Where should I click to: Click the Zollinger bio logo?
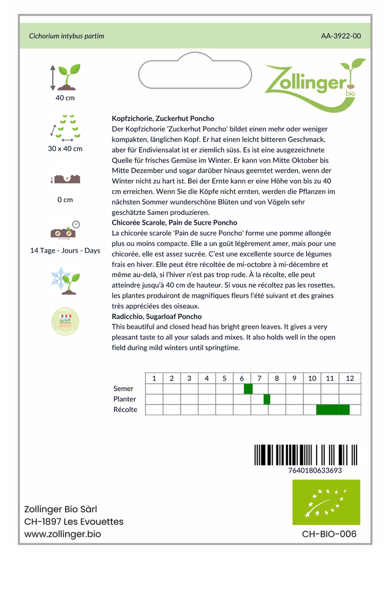(x=314, y=81)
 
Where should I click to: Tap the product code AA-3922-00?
(x=341, y=36)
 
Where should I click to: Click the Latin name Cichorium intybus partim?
(x=66, y=36)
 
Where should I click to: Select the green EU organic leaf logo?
(x=326, y=502)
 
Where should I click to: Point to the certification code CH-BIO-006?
(x=329, y=534)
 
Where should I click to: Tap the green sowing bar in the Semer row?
(x=248, y=389)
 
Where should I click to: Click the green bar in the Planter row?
(x=267, y=399)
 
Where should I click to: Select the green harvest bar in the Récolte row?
(x=333, y=410)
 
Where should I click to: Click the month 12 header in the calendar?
(x=350, y=378)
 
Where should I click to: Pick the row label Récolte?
(x=125, y=410)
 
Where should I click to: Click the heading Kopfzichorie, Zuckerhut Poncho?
(x=163, y=118)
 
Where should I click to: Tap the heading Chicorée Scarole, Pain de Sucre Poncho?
(x=174, y=222)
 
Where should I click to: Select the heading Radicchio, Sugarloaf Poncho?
(x=156, y=316)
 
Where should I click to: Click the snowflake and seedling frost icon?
(x=65, y=280)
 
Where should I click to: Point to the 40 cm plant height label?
(x=65, y=97)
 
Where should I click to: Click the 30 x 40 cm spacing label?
(x=65, y=149)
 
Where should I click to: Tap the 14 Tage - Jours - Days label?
(x=65, y=251)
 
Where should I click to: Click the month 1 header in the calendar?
(x=154, y=378)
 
